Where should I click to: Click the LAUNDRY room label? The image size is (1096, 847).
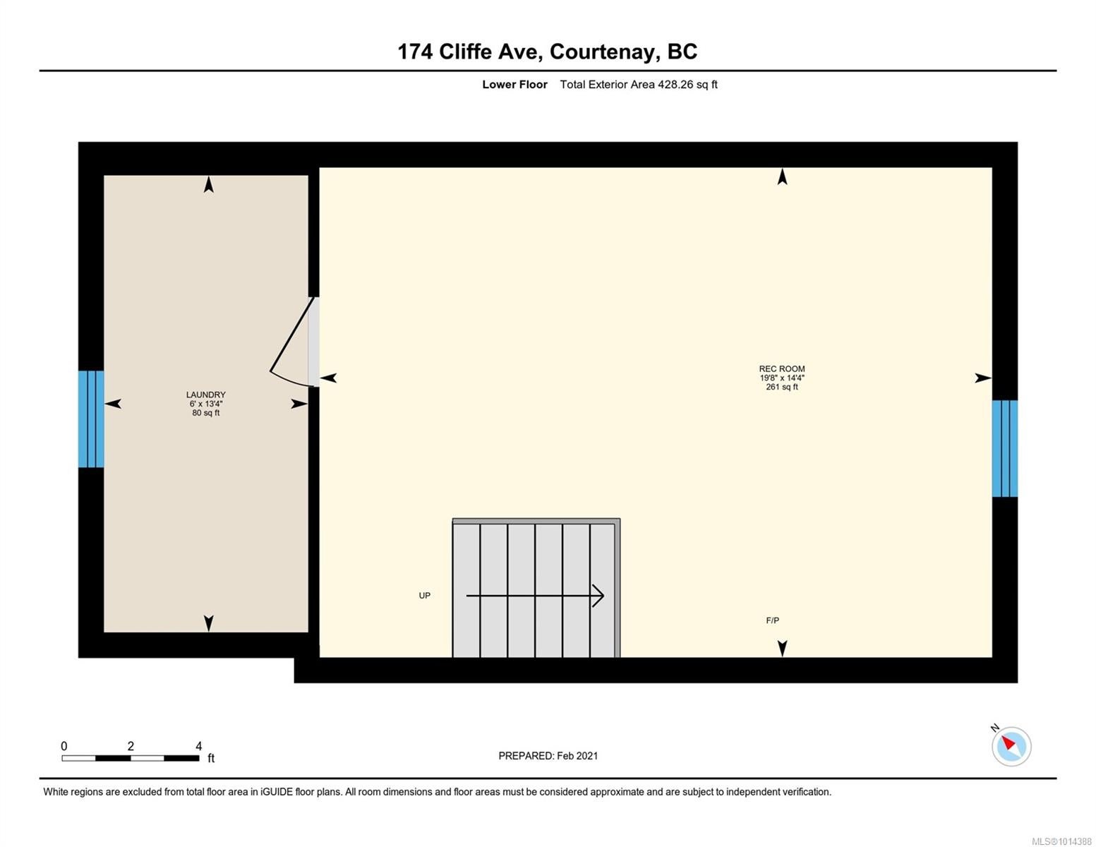point(206,395)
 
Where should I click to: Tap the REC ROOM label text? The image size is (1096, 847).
point(782,368)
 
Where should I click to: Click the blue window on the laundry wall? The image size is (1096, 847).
point(91,419)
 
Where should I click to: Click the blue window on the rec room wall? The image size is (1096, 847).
point(1005,448)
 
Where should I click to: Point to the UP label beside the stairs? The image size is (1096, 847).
point(425,596)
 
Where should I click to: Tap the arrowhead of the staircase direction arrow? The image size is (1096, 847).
point(598,596)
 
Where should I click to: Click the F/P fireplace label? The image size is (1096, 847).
point(773,620)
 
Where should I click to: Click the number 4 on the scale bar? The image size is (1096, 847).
point(199,745)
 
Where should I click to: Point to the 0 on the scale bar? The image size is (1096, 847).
point(64,745)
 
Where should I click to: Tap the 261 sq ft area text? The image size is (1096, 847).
point(782,387)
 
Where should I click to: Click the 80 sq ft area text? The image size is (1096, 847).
point(206,413)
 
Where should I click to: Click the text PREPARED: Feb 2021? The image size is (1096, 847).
point(548,756)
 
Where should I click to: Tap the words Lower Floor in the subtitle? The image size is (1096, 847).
point(514,84)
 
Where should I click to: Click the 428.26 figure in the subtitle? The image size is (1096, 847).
point(676,84)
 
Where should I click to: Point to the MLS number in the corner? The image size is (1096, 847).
point(1061,841)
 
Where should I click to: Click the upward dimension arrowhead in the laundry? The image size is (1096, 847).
point(209,184)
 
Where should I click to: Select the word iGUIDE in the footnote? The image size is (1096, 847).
point(277,792)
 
